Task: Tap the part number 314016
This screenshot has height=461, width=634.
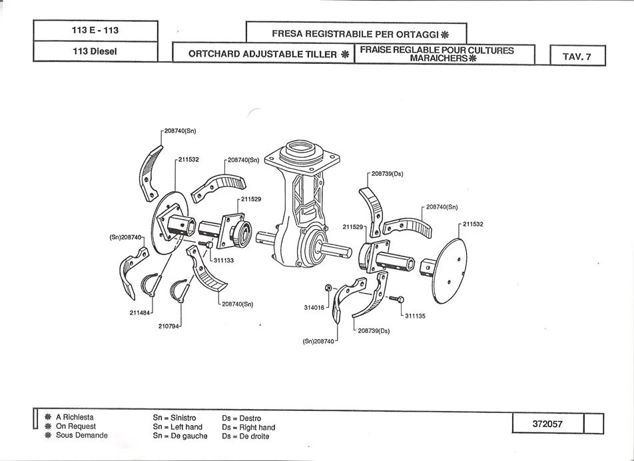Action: pyautogui.click(x=314, y=308)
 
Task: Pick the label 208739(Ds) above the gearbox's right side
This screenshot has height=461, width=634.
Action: pyautogui.click(x=387, y=174)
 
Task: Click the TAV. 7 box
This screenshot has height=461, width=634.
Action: pyautogui.click(x=577, y=57)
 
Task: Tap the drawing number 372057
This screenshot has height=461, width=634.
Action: pyautogui.click(x=548, y=423)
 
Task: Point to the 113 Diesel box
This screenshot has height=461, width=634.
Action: pyautogui.click(x=95, y=51)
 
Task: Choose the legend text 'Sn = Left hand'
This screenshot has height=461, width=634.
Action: pyautogui.click(x=177, y=427)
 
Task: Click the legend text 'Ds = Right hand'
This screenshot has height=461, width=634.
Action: pyautogui.click(x=248, y=428)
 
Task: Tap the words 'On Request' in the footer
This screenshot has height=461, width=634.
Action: pyautogui.click(x=76, y=426)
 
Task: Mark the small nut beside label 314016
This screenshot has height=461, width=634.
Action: pyautogui.click(x=328, y=287)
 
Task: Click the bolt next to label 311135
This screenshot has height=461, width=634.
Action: pyautogui.click(x=394, y=297)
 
